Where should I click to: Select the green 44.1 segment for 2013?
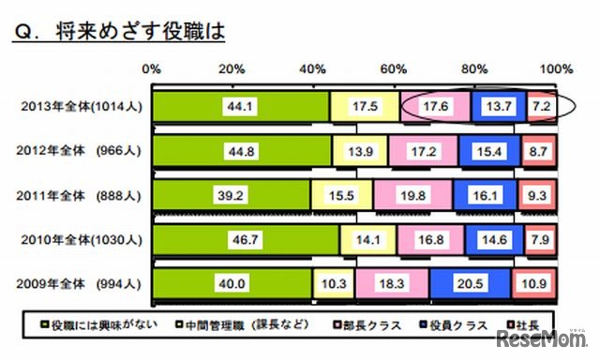(240, 107)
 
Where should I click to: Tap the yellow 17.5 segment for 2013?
(364, 107)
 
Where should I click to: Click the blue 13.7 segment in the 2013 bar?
(499, 107)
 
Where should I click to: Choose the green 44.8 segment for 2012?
(241, 150)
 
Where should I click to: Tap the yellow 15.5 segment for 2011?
(341, 193)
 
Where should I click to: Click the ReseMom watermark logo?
(548, 337)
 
